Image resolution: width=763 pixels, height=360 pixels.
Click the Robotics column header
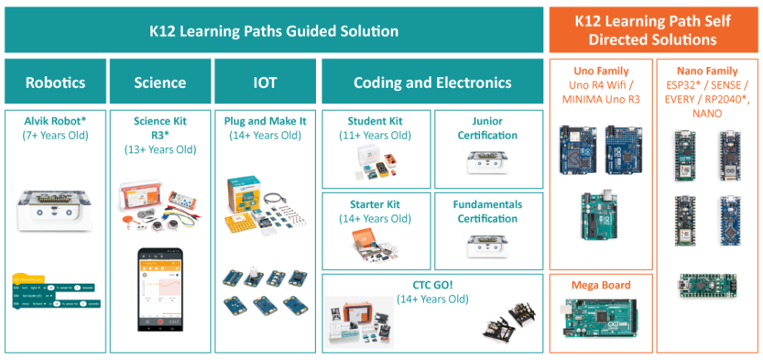click(x=55, y=82)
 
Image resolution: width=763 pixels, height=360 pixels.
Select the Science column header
click(x=160, y=82)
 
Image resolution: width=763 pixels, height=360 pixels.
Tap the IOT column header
click(x=265, y=82)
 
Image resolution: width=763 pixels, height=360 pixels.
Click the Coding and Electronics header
click(x=432, y=82)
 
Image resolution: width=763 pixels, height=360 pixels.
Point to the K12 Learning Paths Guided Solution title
click(x=274, y=32)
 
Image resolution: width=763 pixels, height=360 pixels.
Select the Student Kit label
click(x=375, y=121)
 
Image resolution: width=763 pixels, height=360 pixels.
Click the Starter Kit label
click(x=375, y=204)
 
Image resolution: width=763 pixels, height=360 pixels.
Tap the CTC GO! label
click(x=432, y=284)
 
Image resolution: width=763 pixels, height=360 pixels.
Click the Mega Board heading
click(x=601, y=285)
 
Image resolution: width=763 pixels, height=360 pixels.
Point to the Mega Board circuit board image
click(x=601, y=319)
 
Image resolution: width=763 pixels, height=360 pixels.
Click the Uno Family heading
click(x=601, y=71)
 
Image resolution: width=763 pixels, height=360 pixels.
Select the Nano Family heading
click(x=706, y=71)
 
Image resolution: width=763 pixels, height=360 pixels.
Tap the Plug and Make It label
click(x=265, y=121)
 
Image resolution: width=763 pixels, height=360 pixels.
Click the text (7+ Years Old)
click(x=55, y=136)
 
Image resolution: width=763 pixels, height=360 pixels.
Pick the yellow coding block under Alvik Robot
click(x=29, y=278)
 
